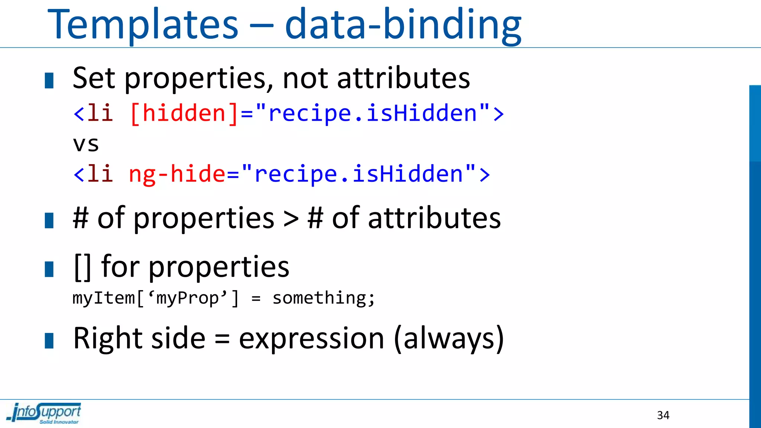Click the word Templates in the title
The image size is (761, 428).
(x=143, y=25)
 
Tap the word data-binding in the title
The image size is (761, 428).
(x=403, y=25)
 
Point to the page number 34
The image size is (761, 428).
(x=663, y=415)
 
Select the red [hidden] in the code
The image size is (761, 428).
(x=184, y=113)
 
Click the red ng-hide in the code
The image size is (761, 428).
(x=177, y=174)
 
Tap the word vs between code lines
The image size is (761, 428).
(x=86, y=144)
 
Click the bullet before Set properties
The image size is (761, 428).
(x=49, y=81)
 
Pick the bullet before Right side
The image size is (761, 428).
(x=49, y=341)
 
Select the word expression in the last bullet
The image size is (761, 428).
(x=311, y=339)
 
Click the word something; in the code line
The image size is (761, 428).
(x=324, y=298)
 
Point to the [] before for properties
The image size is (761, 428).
(x=82, y=267)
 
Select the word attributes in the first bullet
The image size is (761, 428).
(x=403, y=78)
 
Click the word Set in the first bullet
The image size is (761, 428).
(x=94, y=78)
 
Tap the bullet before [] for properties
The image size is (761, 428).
(x=49, y=269)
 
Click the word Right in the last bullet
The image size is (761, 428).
(x=108, y=339)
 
